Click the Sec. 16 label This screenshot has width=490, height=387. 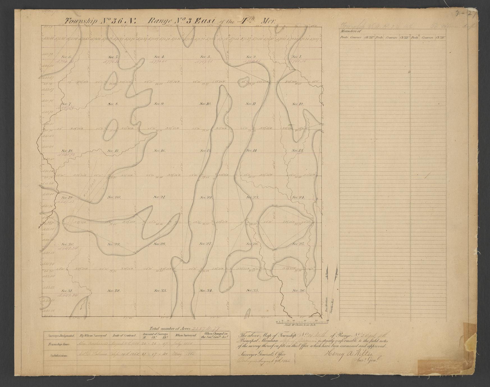click(159, 151)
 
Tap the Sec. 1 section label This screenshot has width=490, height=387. click(296, 57)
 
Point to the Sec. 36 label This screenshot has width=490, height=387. click(298, 291)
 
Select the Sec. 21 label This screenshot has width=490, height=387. click(159, 197)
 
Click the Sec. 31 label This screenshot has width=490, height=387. click(67, 291)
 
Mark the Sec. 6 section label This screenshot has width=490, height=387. click(67, 57)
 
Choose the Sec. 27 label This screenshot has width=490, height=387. click(206, 244)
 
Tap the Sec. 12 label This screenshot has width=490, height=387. click(297, 104)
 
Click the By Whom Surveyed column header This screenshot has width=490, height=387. click(93, 335)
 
